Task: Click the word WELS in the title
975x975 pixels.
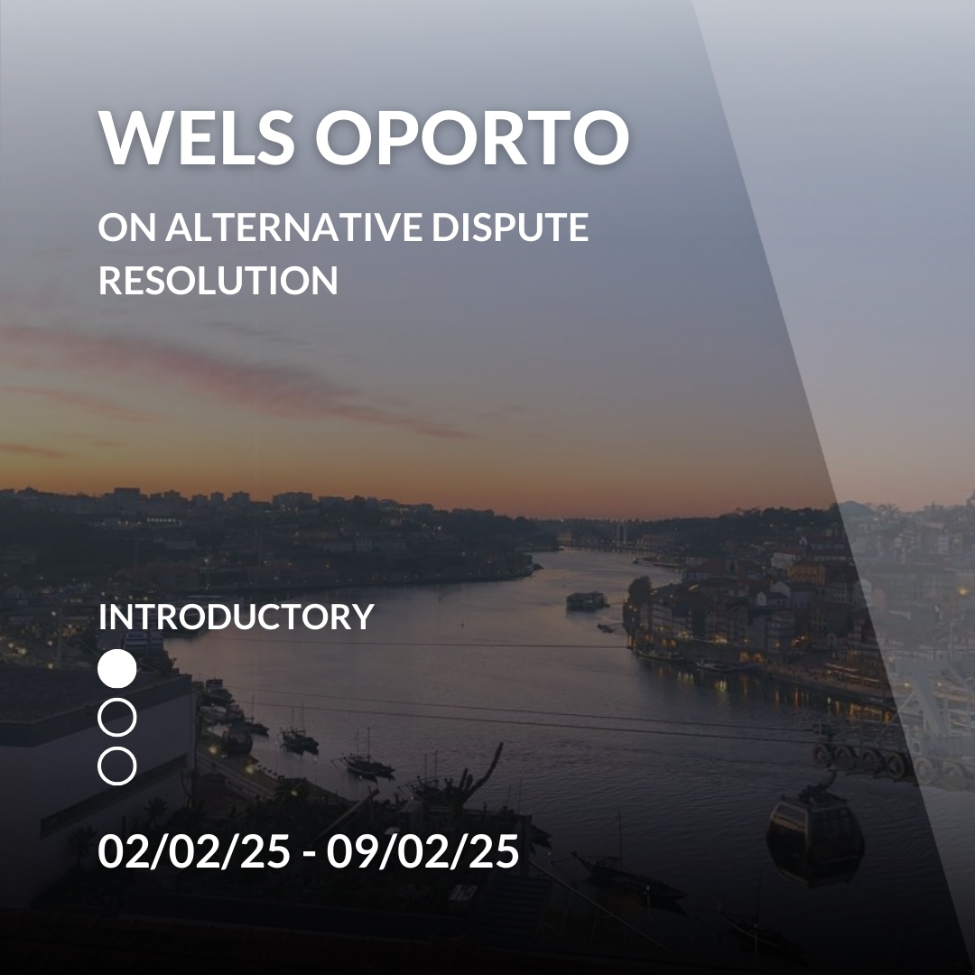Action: tap(197, 137)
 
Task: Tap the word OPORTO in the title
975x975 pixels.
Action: tap(472, 137)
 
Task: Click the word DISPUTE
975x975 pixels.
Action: tap(510, 227)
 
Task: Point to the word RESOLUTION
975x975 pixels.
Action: tap(218, 281)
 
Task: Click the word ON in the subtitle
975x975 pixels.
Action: tap(127, 227)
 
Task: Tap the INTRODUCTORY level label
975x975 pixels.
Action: tap(237, 617)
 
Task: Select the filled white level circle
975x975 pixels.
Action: tap(116, 669)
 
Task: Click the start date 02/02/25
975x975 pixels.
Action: tap(194, 850)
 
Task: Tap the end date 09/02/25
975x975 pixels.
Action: tap(422, 850)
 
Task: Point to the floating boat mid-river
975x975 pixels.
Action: tap(586, 600)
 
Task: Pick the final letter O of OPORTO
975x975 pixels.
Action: tap(599, 137)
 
